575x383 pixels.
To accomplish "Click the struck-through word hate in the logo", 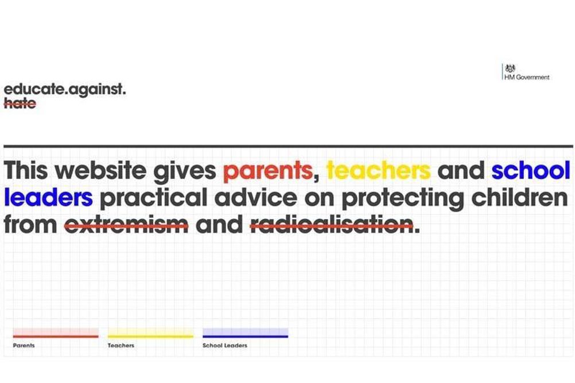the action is [x=20, y=103].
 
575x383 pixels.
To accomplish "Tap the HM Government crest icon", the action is [x=510, y=69].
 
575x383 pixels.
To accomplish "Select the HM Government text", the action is [x=527, y=77].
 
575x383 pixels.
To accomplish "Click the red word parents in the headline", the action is [x=267, y=171].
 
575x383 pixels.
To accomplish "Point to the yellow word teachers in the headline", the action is [x=378, y=170].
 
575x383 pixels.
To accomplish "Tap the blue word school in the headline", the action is [x=531, y=170].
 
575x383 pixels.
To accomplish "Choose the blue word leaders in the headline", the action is [x=48, y=197].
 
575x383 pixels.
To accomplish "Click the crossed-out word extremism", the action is [x=126, y=224].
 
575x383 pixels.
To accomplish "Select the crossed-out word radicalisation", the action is [x=332, y=224].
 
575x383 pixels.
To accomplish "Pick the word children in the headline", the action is [x=519, y=197].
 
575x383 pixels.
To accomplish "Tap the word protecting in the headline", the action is [x=403, y=198].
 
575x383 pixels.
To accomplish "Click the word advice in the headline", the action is [x=255, y=197].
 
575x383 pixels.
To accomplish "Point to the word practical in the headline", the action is [x=153, y=198].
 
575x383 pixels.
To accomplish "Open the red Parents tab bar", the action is [x=56, y=333].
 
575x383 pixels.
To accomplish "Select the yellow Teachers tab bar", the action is [x=150, y=333].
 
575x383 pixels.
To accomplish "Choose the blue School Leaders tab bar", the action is [x=246, y=333].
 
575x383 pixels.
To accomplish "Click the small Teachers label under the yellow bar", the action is [x=121, y=345].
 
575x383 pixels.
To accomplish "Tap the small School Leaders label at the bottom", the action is [x=225, y=345].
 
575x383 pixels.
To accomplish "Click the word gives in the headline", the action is [x=184, y=171].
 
